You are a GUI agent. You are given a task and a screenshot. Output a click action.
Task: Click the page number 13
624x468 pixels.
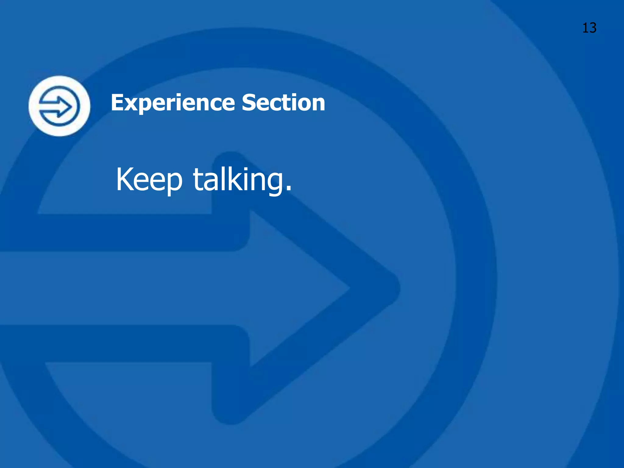point(589,28)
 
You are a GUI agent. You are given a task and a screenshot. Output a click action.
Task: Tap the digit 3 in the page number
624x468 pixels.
point(593,28)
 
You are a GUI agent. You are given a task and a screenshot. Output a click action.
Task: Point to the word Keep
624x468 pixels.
point(149,180)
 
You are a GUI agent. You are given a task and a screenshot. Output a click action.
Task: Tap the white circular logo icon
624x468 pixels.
point(59,106)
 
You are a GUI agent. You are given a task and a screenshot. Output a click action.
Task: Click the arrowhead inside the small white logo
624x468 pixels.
point(66,106)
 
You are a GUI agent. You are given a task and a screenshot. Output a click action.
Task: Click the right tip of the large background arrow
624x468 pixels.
point(396,288)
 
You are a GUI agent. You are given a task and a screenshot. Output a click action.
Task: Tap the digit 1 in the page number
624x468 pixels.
point(585,28)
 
